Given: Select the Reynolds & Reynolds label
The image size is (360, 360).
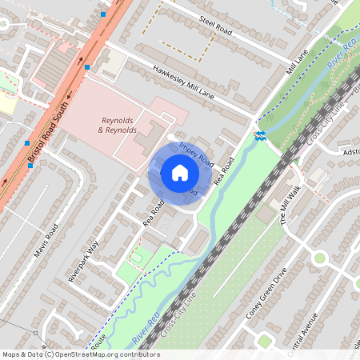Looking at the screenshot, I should pos(118,124).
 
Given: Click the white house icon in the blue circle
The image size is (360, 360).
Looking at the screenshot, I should pos(180,172).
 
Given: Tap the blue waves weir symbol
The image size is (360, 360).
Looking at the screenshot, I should pos(260,134).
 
